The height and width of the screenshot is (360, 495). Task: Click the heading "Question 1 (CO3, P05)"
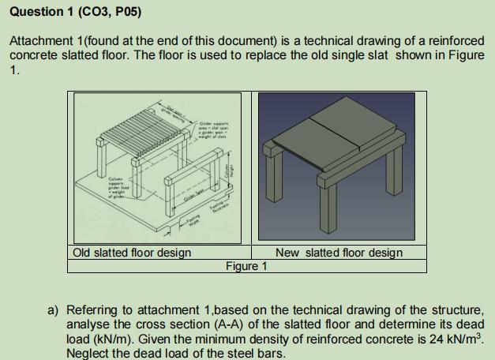(x=66, y=11)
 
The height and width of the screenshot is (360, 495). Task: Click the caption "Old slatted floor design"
(x=131, y=253)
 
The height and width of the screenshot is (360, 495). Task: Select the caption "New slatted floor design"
(x=339, y=253)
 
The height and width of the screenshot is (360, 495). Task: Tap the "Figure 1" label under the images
(x=246, y=266)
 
